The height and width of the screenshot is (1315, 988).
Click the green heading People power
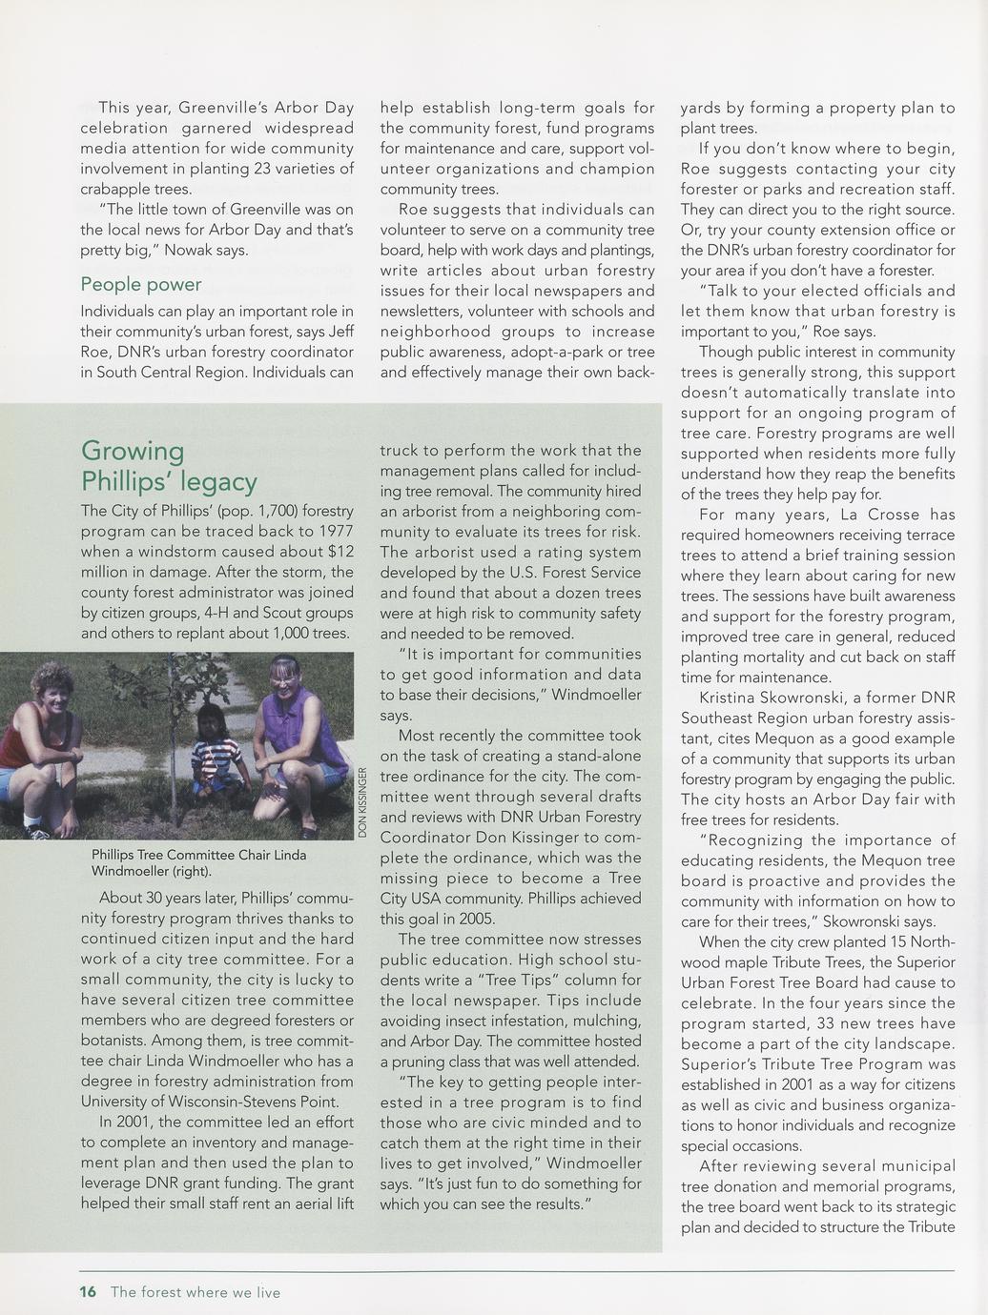coord(141,285)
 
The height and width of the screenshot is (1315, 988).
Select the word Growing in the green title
coord(133,451)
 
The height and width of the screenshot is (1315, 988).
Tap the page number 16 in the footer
coord(88,1292)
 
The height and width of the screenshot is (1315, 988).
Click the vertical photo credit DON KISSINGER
coord(362,802)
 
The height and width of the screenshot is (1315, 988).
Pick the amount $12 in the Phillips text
coord(340,552)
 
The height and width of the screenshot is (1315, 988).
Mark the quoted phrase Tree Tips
coord(515,980)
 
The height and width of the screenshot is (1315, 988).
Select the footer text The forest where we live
coord(196,1292)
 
